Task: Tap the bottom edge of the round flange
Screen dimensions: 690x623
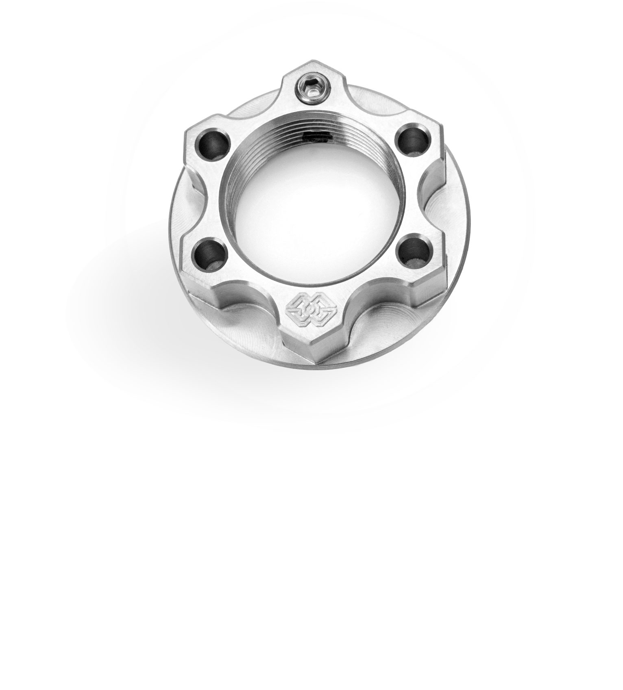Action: pos(309,368)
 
